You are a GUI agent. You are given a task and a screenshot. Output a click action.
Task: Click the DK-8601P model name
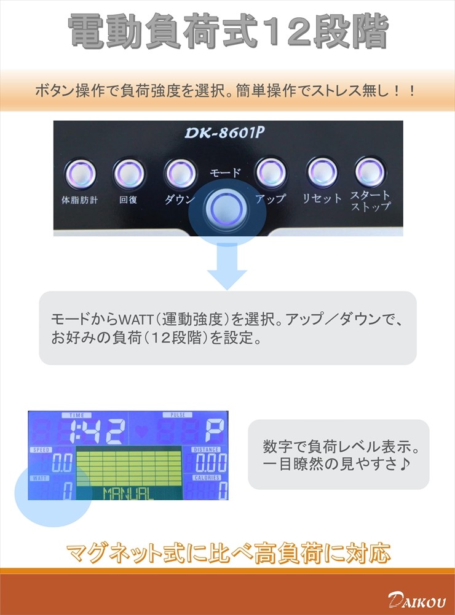[224, 133]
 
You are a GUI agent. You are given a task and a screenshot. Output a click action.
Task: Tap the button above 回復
[129, 173]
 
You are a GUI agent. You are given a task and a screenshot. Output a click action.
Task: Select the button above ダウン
[180, 173]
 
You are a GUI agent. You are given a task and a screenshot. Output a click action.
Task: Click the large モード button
[227, 207]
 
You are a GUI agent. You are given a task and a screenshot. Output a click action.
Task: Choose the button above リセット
[322, 172]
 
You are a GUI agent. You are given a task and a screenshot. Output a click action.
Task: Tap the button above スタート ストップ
[370, 171]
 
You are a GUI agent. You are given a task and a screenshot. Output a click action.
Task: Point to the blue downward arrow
[227, 266]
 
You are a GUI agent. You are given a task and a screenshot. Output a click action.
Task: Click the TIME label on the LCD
[77, 415]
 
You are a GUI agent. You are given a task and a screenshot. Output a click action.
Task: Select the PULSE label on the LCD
[178, 415]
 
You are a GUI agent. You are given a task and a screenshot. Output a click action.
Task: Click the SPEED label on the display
[41, 449]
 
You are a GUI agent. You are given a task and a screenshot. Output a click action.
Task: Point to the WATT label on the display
[40, 478]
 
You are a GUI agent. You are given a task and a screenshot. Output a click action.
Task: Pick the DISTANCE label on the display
[206, 449]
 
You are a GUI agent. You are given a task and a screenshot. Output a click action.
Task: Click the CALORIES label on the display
[207, 478]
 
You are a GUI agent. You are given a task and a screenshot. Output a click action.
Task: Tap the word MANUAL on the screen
[128, 493]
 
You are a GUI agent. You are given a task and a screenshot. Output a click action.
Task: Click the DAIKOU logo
[417, 600]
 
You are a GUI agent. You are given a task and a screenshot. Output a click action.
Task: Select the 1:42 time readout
[97, 431]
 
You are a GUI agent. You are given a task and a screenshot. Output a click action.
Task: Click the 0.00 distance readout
[211, 463]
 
